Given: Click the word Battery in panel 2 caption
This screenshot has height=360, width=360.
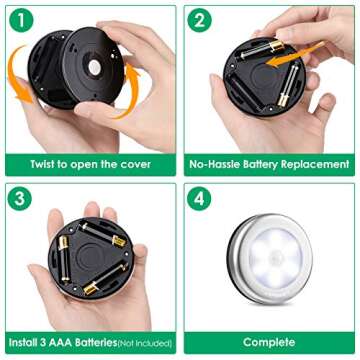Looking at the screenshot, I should point(266,164).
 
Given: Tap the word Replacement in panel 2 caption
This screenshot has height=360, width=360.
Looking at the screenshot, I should point(317,164).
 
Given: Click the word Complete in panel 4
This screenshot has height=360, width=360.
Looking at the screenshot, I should point(269,342).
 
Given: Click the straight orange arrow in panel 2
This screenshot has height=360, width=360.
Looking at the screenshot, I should point(283,67).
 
